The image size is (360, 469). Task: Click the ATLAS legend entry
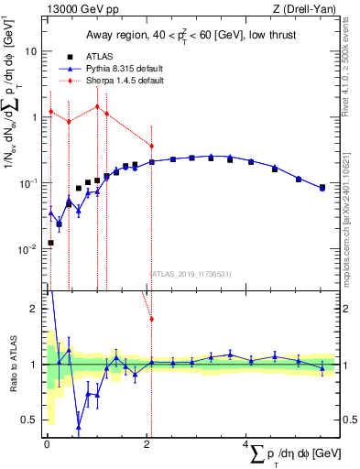click(x=101, y=57)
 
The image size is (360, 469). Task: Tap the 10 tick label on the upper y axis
click(x=32, y=51)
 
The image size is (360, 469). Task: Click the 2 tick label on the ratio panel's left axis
click(x=35, y=309)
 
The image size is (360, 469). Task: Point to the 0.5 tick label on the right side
click(x=348, y=420)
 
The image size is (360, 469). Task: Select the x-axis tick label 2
click(x=147, y=445)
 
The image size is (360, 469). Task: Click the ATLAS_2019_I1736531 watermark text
click(x=189, y=273)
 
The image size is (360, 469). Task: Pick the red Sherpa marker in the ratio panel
click(x=151, y=319)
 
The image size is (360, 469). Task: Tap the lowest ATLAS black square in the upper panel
click(x=50, y=243)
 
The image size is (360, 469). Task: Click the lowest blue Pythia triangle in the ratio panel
click(x=79, y=427)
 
